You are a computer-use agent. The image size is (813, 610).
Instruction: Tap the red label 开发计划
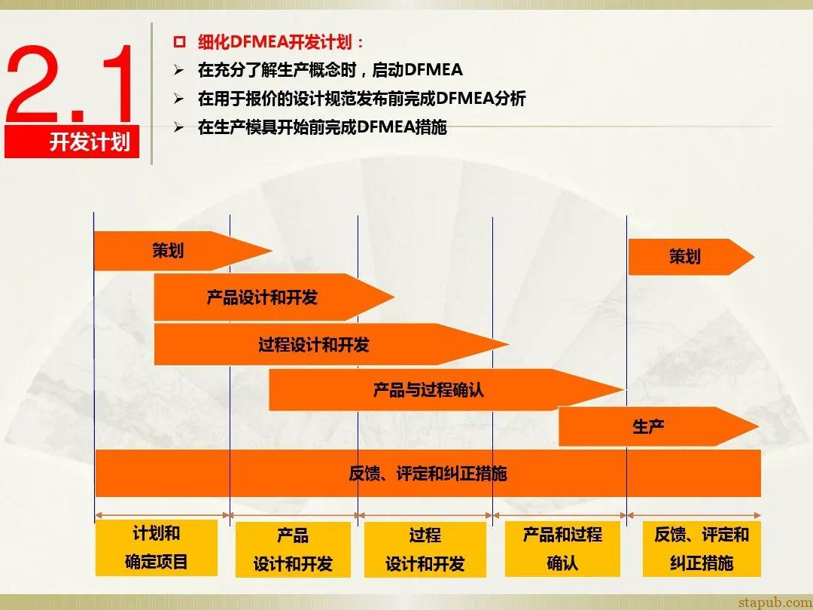point(90,142)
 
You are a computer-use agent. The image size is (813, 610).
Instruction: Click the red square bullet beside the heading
point(179,42)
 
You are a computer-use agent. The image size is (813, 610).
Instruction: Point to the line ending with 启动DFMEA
point(330,70)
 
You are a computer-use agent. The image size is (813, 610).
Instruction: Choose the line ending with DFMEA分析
point(361,99)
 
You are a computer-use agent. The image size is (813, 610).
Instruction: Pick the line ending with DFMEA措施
point(322,127)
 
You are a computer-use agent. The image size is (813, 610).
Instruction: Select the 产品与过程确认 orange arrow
point(428,390)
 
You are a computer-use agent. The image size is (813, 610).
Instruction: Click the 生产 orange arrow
point(648,427)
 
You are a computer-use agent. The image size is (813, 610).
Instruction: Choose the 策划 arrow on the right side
point(684,257)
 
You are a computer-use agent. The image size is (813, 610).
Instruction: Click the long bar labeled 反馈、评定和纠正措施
point(428,474)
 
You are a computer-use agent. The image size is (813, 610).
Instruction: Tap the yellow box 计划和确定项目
point(157,547)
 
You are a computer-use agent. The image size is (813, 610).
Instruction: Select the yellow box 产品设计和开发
point(293,550)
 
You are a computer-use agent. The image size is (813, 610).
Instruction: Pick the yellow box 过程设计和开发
point(425,550)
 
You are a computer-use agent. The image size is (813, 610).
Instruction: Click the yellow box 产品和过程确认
point(562,548)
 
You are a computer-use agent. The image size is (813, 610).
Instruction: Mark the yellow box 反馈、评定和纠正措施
point(702,548)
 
